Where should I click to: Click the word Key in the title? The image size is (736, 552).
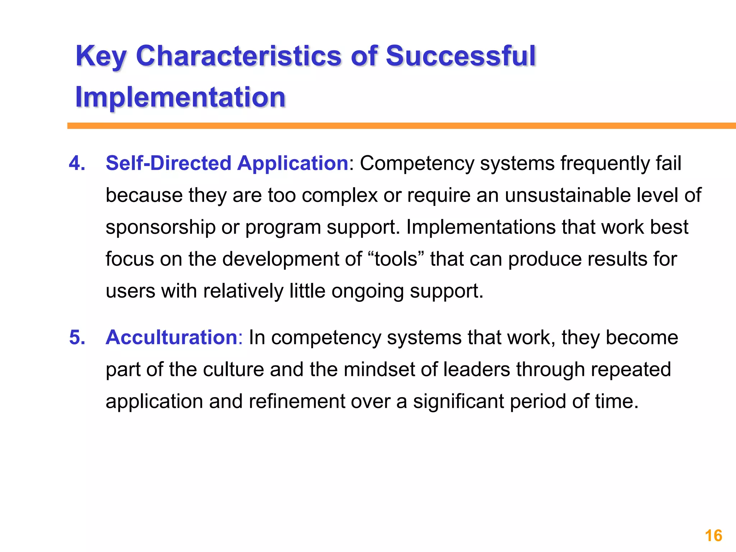click(101, 57)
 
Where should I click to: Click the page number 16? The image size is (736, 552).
click(713, 536)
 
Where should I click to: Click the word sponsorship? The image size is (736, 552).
click(160, 227)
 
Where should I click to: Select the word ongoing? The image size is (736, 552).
click(367, 291)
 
